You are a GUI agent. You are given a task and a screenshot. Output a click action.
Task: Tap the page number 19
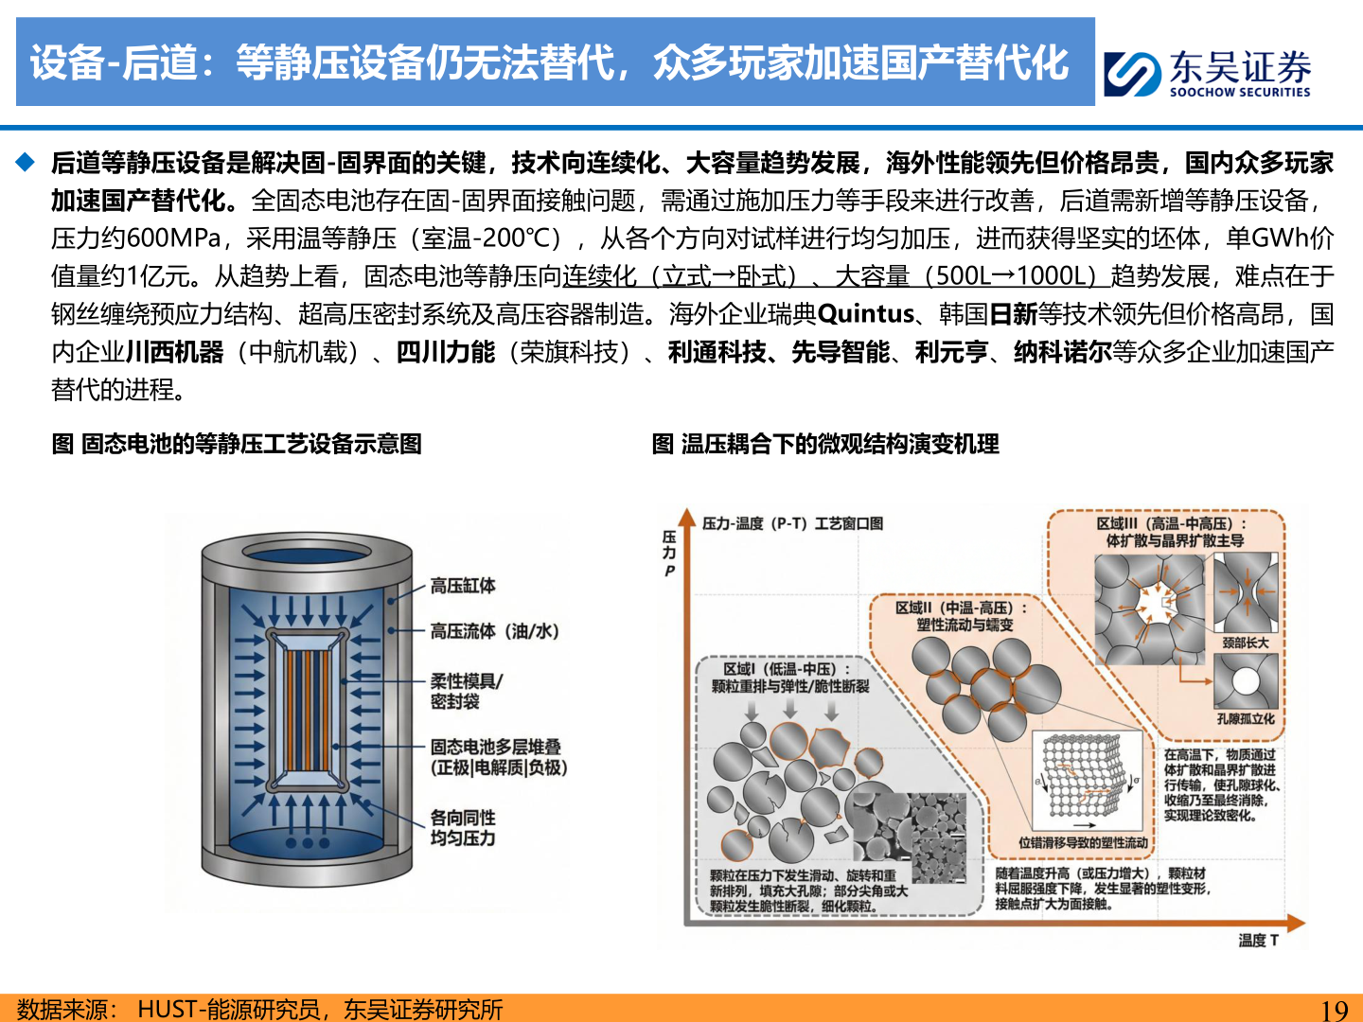tap(1334, 1010)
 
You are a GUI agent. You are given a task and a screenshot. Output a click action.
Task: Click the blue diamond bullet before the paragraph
tap(26, 162)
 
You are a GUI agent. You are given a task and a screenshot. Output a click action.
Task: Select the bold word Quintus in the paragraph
tap(865, 313)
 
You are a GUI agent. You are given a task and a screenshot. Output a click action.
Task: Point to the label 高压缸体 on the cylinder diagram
tap(463, 586)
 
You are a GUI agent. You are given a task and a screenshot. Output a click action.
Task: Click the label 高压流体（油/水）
tap(494, 631)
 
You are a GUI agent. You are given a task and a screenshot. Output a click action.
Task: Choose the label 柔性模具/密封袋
tap(466, 691)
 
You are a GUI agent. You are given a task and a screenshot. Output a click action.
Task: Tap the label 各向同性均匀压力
tap(463, 828)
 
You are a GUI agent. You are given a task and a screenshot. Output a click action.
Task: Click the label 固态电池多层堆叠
tap(495, 747)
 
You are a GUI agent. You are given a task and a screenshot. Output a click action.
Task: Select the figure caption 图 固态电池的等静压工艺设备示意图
tap(237, 444)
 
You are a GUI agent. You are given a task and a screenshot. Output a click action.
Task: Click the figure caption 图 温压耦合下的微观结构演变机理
tap(825, 444)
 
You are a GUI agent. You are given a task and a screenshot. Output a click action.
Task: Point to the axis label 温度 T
tap(1258, 940)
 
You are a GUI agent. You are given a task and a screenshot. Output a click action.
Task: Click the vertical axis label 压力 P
tap(669, 553)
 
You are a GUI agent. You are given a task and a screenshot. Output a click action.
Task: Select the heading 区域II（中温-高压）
tap(960, 608)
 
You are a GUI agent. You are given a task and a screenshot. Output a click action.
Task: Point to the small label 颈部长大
tap(1245, 643)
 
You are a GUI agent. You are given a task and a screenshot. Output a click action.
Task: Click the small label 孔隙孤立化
tap(1245, 719)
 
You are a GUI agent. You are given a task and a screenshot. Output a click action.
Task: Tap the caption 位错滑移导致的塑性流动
tap(1083, 842)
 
